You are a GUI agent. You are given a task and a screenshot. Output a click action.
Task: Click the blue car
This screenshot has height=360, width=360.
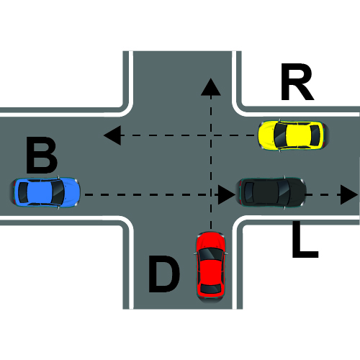click(45, 192)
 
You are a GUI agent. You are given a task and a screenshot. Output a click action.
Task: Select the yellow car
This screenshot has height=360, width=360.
click(293, 135)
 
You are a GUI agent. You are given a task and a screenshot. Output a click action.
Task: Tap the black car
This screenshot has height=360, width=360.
click(271, 192)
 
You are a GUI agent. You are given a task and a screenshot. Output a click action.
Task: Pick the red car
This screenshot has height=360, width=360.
click(211, 267)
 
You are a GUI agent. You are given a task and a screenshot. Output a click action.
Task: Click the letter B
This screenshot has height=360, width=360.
click(42, 155)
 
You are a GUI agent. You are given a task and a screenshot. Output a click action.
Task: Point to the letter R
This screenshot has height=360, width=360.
click(297, 82)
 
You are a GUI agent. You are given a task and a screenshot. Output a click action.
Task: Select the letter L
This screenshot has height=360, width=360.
click(305, 240)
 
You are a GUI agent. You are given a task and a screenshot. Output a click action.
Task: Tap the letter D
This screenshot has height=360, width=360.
click(164, 274)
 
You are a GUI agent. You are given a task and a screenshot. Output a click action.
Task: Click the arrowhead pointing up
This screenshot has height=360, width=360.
click(211, 86)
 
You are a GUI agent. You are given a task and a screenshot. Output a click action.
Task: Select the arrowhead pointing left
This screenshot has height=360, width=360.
click(112, 135)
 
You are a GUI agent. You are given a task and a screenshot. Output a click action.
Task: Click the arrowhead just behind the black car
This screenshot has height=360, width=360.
click(227, 194)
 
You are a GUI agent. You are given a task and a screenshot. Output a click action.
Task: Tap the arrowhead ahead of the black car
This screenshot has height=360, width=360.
click(349, 194)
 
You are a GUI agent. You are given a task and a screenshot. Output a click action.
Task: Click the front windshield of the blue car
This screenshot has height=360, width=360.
click(58, 192)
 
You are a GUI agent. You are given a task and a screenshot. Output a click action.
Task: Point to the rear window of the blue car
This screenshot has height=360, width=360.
click(23, 192)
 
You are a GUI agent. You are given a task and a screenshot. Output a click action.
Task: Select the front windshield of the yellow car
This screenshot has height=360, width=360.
click(280, 135)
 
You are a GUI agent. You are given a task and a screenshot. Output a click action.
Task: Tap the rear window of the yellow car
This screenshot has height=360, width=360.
click(315, 135)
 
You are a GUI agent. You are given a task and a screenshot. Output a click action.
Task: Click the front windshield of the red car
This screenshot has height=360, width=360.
click(211, 254)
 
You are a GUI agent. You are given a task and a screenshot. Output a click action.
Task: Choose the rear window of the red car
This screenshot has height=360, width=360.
click(211, 289)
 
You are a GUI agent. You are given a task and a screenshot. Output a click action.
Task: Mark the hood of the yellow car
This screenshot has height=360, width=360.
click(266, 135)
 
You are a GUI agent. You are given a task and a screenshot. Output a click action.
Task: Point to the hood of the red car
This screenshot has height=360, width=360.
click(211, 240)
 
